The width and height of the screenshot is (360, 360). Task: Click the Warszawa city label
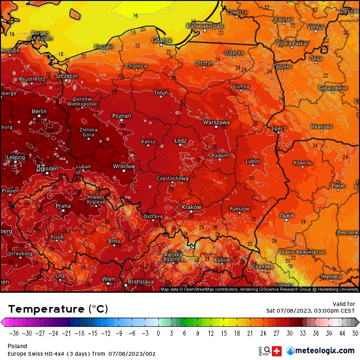[x=216, y=122]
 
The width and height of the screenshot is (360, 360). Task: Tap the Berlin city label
[x=39, y=111]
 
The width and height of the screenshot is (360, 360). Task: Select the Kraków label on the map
[x=191, y=207]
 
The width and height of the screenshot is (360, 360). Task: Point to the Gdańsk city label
[x=162, y=40]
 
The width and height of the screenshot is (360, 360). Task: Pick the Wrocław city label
[x=124, y=166]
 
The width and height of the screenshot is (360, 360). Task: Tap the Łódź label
[x=180, y=141]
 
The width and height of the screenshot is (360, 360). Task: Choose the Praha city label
[x=63, y=206]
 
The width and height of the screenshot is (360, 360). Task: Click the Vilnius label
[x=316, y=27]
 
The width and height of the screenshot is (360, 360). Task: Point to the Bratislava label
[x=141, y=281]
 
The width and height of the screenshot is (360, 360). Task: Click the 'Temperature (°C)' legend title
[x=58, y=309]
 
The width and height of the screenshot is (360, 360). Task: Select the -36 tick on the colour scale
[x=14, y=333]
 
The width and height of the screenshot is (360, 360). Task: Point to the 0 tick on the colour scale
[x=158, y=333]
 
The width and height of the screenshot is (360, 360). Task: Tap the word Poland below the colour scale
[x=18, y=346]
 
